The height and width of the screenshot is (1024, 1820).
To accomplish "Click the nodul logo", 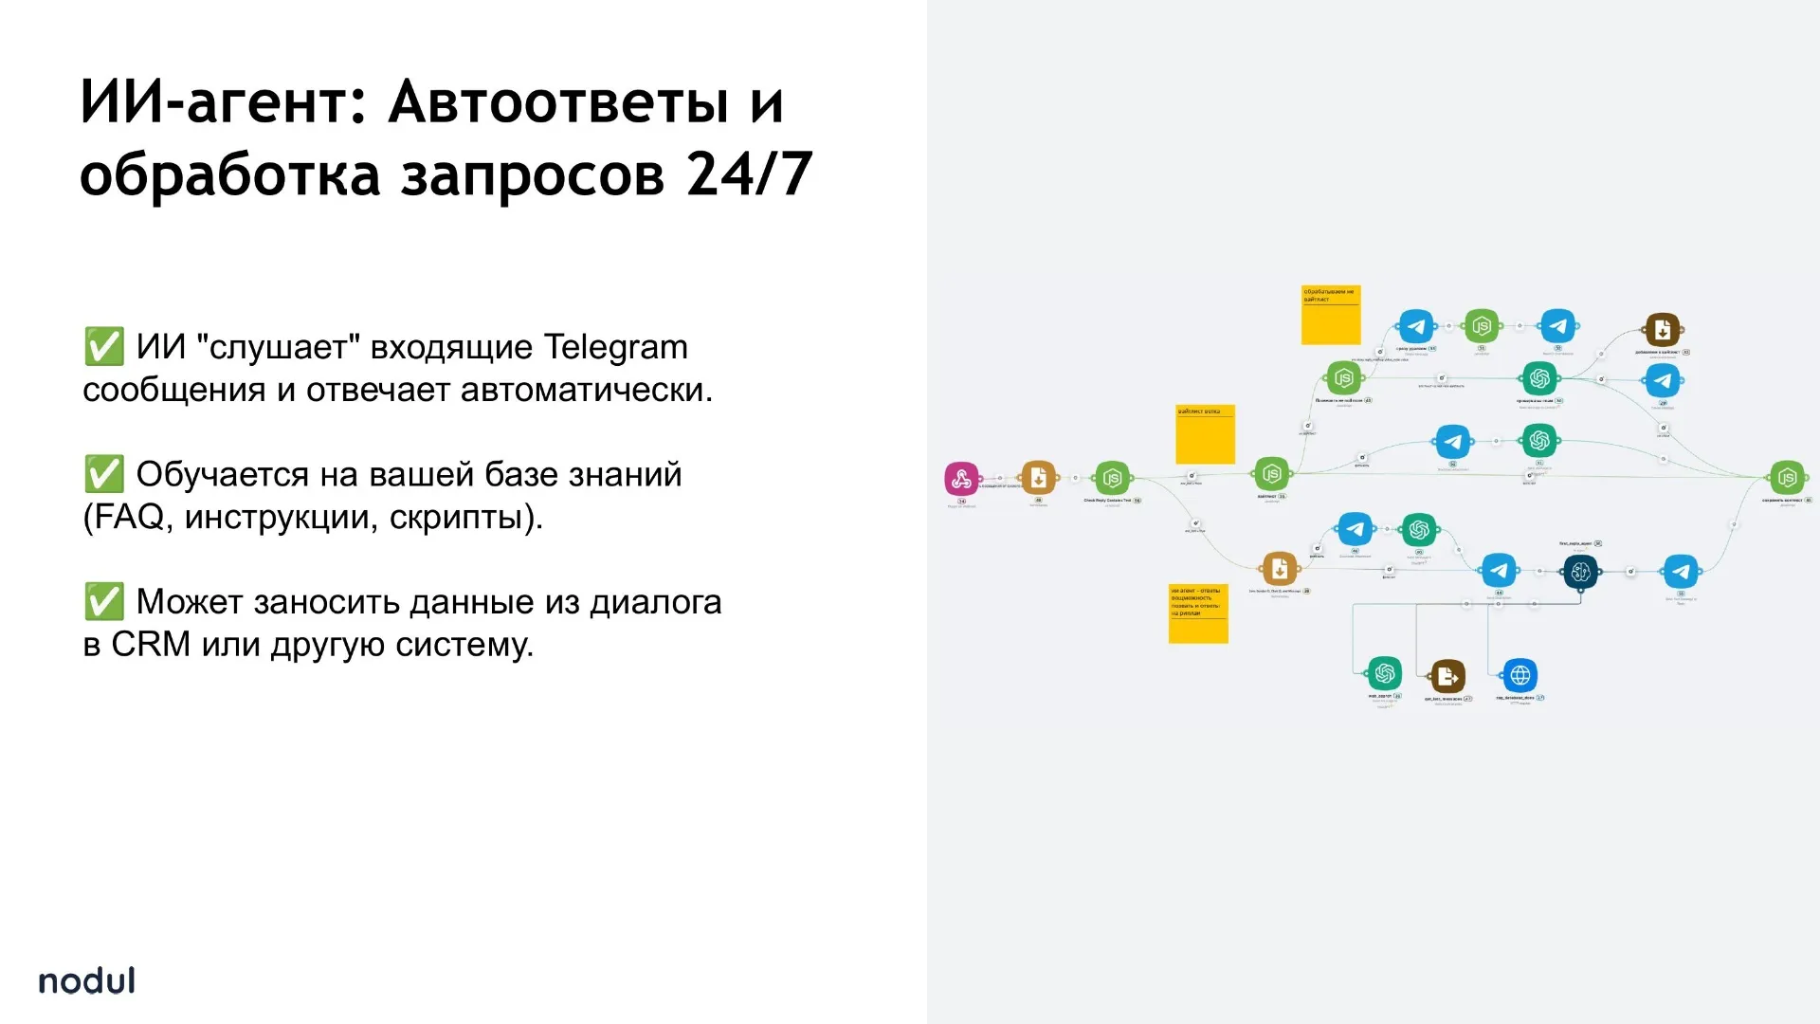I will tap(86, 980).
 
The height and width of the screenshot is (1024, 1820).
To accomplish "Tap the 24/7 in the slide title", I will tap(749, 174).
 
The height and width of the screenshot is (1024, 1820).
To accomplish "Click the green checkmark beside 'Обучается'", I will tap(103, 474).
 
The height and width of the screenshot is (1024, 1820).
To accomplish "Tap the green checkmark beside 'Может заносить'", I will tap(103, 601).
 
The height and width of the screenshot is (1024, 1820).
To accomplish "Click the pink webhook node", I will tap(961, 479).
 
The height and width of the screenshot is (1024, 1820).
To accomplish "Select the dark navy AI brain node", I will tap(1579, 572).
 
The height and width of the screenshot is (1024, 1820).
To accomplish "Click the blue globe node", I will tap(1520, 675).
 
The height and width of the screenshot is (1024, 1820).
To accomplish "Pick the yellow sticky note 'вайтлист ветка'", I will tap(1205, 434).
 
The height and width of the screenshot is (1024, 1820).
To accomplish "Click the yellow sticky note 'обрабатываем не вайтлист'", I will tap(1330, 315).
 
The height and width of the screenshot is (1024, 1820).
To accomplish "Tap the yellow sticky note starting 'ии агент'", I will tap(1198, 613).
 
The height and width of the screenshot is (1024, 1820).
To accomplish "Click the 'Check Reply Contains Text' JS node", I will tap(1112, 479).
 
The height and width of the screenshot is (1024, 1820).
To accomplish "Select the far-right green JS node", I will tap(1786, 478).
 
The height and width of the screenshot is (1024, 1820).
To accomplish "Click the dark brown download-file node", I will tap(1662, 330).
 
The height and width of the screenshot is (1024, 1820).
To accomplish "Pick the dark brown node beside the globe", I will tap(1447, 676).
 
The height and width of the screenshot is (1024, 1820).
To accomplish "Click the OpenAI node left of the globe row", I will tap(1384, 674).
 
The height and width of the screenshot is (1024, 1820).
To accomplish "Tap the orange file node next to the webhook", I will tap(1038, 478).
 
